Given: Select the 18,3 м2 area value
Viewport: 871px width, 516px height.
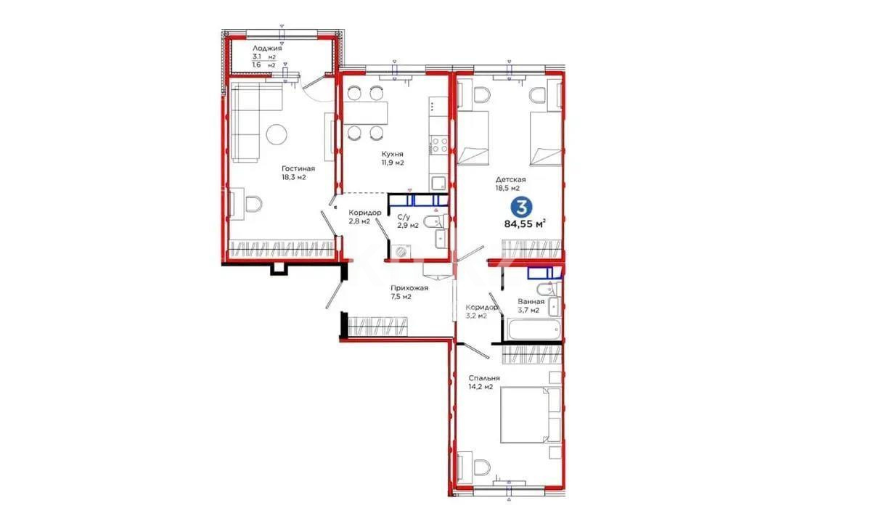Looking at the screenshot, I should pyautogui.click(x=294, y=176).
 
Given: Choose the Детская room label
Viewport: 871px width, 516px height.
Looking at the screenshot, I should pyautogui.click(x=512, y=179).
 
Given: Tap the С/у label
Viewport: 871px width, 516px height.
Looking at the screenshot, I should pyautogui.click(x=404, y=216).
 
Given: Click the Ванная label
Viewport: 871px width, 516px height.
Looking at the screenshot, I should pyautogui.click(x=531, y=300).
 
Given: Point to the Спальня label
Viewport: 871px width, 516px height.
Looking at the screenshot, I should pyautogui.click(x=483, y=377).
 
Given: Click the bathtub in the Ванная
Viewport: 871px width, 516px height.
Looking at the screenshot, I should pyautogui.click(x=533, y=331).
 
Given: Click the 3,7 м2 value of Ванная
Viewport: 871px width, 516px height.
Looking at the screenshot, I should pyautogui.click(x=528, y=310).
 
